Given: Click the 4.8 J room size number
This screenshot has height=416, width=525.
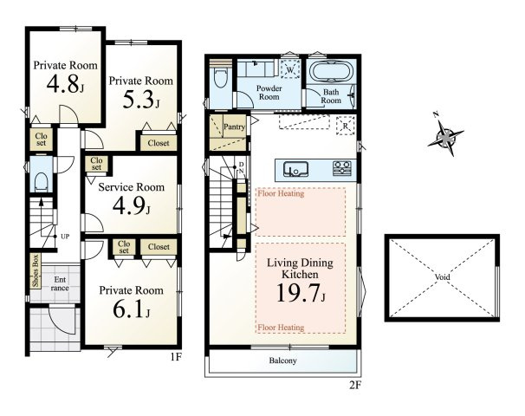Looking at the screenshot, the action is click(x=65, y=84).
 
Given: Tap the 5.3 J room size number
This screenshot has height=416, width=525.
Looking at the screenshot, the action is click(x=141, y=100).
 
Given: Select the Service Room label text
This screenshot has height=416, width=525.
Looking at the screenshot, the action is click(x=132, y=187).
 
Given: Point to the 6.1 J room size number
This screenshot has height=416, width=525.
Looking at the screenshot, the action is click(x=132, y=309).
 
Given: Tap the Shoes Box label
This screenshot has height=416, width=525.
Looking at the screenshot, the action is click(x=36, y=270).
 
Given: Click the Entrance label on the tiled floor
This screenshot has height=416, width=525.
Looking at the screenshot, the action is click(x=60, y=283).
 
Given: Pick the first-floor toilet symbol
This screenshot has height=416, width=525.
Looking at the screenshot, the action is click(x=42, y=182).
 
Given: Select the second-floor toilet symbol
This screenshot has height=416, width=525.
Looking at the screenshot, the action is click(x=220, y=77).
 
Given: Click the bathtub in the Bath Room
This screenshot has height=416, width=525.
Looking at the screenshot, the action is click(x=331, y=71).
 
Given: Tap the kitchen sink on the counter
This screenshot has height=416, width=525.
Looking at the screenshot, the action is click(x=295, y=169).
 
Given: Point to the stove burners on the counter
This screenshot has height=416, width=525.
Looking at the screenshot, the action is click(x=342, y=169).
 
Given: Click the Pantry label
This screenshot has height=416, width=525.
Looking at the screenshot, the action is click(x=234, y=127).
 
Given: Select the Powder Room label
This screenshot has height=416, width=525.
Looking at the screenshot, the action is click(x=269, y=93).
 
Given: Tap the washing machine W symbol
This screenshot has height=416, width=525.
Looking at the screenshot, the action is click(x=290, y=69).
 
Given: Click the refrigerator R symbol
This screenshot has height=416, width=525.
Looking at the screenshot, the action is click(x=345, y=126).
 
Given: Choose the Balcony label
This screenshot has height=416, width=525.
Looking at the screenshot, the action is click(x=283, y=361).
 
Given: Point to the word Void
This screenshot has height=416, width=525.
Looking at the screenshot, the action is click(x=443, y=277).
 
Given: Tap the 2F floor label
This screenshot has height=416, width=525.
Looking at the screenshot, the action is click(x=355, y=385).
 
